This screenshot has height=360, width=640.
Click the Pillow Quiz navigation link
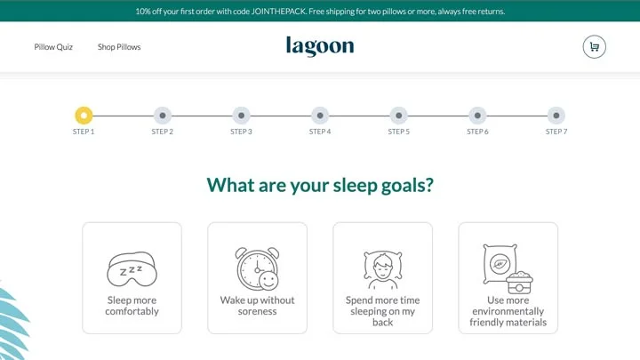click(53, 47)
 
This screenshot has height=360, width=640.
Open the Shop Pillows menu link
click(119, 47)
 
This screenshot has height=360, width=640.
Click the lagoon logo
click(320, 46)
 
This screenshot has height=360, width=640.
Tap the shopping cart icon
click(594, 47)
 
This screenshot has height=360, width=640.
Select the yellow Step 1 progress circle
click(84, 116)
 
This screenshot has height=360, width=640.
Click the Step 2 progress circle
click(162, 116)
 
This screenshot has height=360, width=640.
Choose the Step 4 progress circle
click(320, 116)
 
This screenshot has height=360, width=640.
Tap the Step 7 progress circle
click(556, 116)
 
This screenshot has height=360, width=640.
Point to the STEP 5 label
click(398, 132)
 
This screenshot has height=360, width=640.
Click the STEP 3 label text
click(241, 132)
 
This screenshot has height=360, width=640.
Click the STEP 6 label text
click(477, 132)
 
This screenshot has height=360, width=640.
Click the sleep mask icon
click(132, 268)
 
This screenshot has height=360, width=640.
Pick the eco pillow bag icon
click(507, 268)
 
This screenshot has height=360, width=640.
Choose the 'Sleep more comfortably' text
click(132, 306)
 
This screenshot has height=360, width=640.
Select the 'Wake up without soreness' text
click(257, 306)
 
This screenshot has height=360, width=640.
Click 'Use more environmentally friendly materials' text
click(508, 311)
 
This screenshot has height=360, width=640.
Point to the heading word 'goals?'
click(403, 185)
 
